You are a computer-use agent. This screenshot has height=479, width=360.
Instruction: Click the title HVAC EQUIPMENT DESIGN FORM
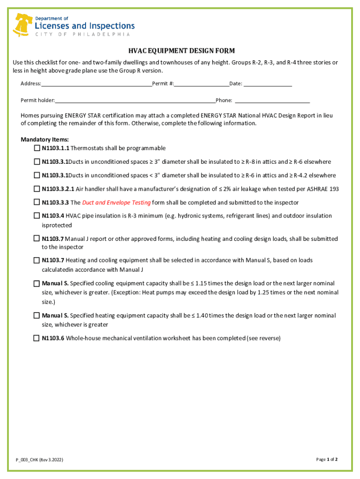pyautogui.click(x=182, y=51)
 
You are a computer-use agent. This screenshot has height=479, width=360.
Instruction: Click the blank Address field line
pyautogui.click(x=96, y=85)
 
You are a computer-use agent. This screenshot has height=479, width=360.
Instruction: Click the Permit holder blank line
pyautogui.click(x=135, y=101)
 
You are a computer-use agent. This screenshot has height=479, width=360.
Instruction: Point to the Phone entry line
pyautogui.click(x=272, y=101)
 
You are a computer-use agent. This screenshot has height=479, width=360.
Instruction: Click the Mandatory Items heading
pyautogui.click(x=45, y=139)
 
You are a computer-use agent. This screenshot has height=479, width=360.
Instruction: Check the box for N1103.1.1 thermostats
pyautogui.click(x=36, y=148)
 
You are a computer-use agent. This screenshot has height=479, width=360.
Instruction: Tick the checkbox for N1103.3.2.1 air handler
pyautogui.click(x=36, y=189)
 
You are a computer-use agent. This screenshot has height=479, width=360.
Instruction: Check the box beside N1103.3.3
pyautogui.click(x=36, y=203)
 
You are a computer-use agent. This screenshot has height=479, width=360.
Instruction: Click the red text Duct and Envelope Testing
pyautogui.click(x=116, y=203)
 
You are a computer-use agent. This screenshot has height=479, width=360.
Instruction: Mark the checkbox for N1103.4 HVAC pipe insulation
pyautogui.click(x=36, y=216)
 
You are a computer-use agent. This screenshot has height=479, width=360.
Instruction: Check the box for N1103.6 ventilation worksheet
pyautogui.click(x=36, y=338)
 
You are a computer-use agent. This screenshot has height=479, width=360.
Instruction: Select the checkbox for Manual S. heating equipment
pyautogui.click(x=36, y=316)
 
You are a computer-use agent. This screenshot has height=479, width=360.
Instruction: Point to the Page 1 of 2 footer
pyautogui.click(x=327, y=459)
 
